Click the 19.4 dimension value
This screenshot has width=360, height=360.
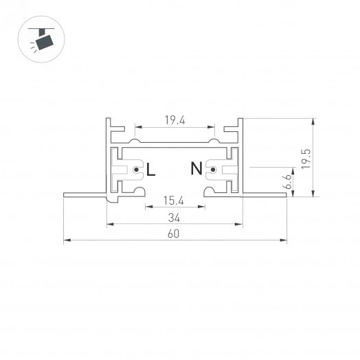(x=175, y=120)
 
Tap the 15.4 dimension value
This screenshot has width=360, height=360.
(x=174, y=201)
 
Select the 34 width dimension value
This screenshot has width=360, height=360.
(x=174, y=218)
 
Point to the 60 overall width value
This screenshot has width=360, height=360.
(x=173, y=234)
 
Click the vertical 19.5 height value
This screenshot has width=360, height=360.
(x=306, y=159)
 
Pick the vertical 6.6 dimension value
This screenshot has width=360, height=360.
(x=287, y=181)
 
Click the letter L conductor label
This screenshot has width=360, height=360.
(x=150, y=170)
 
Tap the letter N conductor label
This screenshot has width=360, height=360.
(x=196, y=168)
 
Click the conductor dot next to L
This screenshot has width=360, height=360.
(x=137, y=170)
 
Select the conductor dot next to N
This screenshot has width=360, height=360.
(x=213, y=170)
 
